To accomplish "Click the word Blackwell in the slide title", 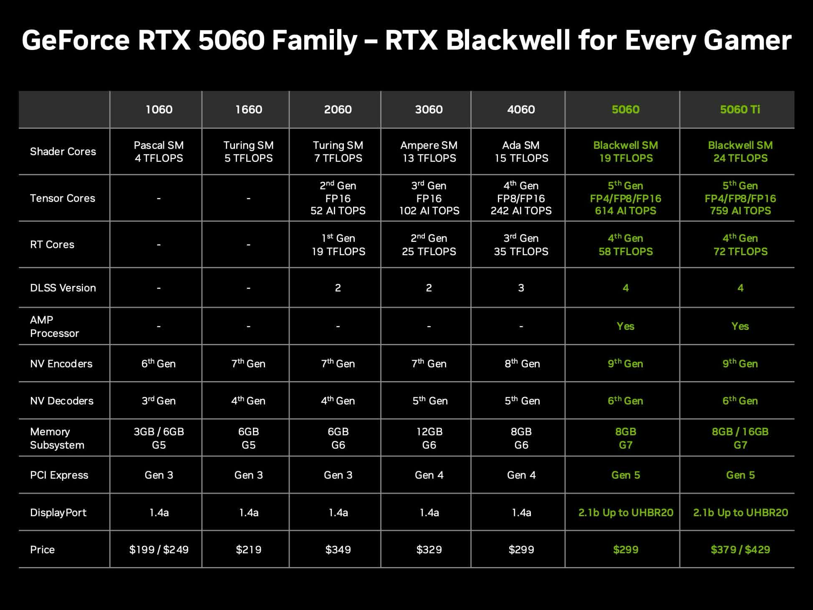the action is [x=508, y=40].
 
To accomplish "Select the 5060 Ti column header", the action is [x=740, y=109].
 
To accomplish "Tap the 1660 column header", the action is [x=249, y=109].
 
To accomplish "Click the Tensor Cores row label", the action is [x=63, y=198].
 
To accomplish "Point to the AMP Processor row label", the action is [x=54, y=326].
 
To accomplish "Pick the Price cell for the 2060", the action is [x=338, y=550].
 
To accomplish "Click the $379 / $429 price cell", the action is [x=740, y=550].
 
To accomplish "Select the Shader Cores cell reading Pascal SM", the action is [x=159, y=151].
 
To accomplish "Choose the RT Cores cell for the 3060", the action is [x=429, y=244].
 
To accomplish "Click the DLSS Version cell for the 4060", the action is [x=521, y=288].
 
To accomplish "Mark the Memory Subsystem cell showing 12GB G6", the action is [x=429, y=438].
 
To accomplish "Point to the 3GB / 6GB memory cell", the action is [x=159, y=438].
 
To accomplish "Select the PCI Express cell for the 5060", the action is [x=626, y=475].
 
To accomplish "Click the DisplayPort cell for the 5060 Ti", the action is [x=740, y=512].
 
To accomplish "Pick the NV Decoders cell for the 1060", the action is [x=159, y=400].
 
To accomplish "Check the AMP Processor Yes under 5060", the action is [x=626, y=326].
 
